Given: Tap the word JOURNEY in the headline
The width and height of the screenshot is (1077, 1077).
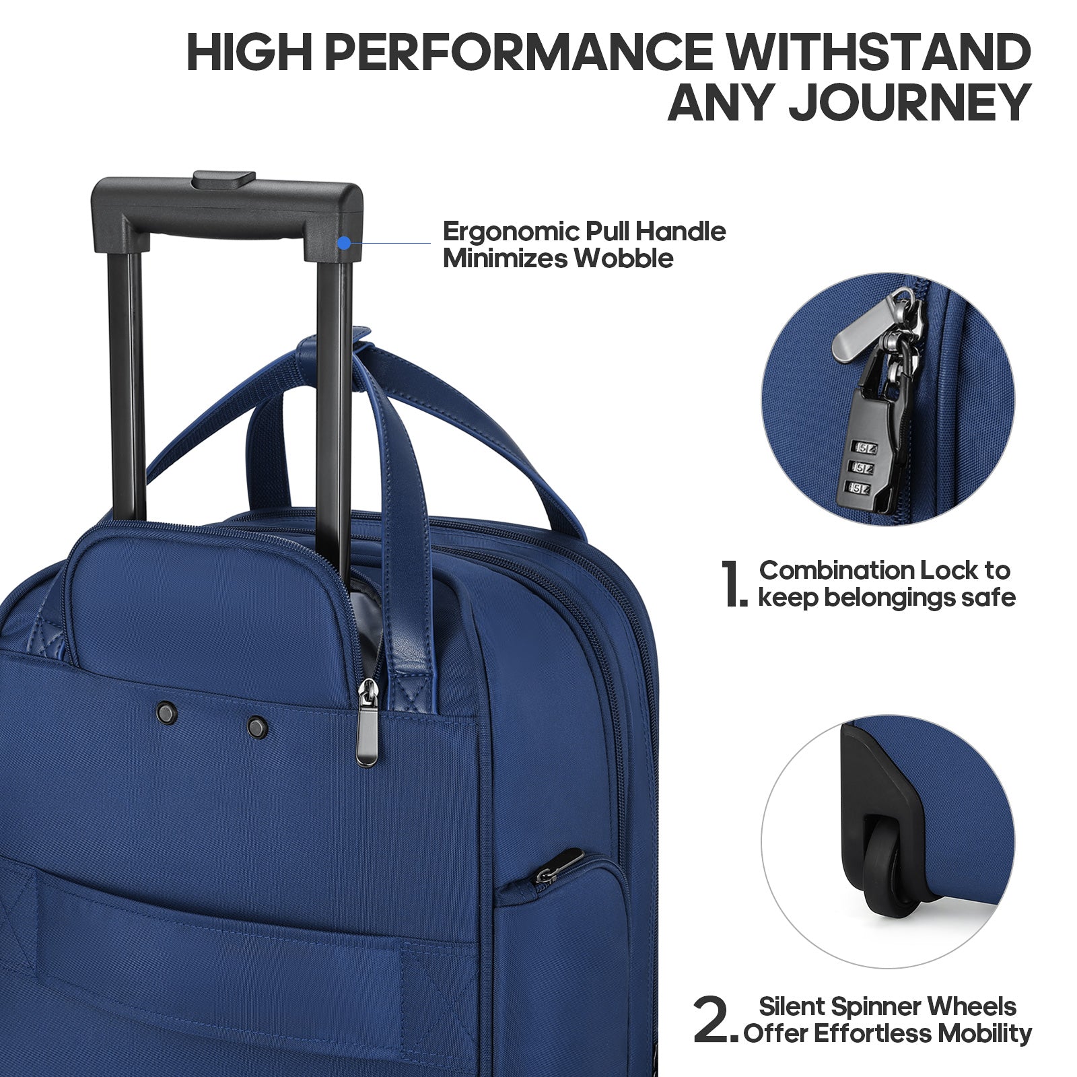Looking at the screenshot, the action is point(910,103).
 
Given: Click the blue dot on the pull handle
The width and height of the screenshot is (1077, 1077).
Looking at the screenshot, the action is point(344,243).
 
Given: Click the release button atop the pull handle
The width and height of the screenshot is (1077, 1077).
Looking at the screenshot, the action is point(224,179).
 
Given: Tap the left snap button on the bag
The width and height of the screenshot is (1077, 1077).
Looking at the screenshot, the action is point(166,712).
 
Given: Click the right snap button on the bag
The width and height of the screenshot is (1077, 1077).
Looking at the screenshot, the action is point(257,727).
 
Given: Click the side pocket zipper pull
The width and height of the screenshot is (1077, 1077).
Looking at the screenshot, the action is point(559,866).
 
